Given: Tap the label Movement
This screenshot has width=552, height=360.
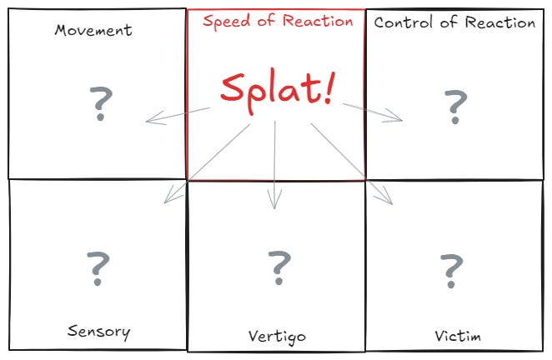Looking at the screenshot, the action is pos(93,31).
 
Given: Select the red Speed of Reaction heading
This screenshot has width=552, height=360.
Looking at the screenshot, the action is pos(278,22).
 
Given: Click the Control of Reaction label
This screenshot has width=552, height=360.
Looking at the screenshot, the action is pos(454,22).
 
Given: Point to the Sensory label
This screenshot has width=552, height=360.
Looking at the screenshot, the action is pos(98,332).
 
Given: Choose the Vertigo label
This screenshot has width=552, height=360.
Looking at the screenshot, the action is pos(277,337).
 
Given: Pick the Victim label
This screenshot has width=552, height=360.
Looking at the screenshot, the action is pos(458,336).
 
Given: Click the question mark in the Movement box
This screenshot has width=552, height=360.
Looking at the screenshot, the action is pos(100,103).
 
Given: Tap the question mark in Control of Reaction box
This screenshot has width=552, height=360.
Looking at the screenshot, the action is pos(455,106).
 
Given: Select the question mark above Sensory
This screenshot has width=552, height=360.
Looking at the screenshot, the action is pos(98,266).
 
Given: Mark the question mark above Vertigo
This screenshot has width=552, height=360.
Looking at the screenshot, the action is pos(279,266).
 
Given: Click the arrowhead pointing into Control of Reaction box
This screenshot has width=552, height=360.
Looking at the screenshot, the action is pos(399,119).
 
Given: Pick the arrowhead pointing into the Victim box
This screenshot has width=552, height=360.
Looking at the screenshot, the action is pos(389,200).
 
